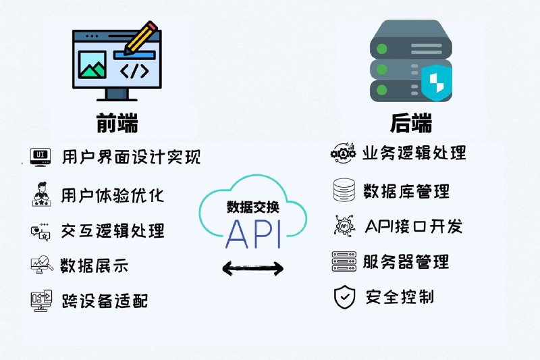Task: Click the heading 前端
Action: pyautogui.click(x=117, y=124)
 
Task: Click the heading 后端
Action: pyautogui.click(x=410, y=124)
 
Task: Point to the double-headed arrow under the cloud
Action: pyautogui.click(x=253, y=269)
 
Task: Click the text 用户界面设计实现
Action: pyautogui.click(x=131, y=157)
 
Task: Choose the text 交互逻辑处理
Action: pyautogui.click(x=113, y=230)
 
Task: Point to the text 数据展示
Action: pyautogui.click(x=94, y=265)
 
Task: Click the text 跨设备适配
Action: pyautogui.click(x=105, y=300)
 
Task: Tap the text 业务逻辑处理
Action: pyautogui.click(x=414, y=153)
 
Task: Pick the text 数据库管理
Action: pyautogui.click(x=406, y=191)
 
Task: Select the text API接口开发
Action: pyautogui.click(x=414, y=226)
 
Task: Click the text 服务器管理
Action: pyautogui.click(x=406, y=261)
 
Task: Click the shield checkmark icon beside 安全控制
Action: pyautogui.click(x=344, y=297)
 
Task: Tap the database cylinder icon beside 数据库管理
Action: pyautogui.click(x=344, y=190)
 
